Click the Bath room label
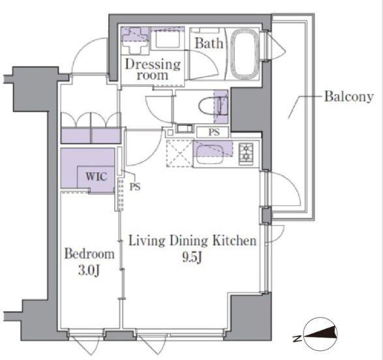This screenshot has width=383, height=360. [x=209, y=44]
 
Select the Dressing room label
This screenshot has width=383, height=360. [x=153, y=70]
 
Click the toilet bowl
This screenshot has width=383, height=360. [x=210, y=106]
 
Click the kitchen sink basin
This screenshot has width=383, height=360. [x=210, y=155]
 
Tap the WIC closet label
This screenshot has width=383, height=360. [x=96, y=176]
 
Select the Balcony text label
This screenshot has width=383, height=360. [x=348, y=97]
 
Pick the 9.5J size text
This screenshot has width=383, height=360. [x=192, y=257]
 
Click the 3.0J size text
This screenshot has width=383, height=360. [x=89, y=271]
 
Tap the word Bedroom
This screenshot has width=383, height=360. [x=89, y=254]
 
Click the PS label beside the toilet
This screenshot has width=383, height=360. [x=214, y=132]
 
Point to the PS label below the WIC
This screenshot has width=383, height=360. [x=135, y=187]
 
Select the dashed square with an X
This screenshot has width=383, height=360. [x=180, y=153]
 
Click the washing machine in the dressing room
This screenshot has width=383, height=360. [x=135, y=40]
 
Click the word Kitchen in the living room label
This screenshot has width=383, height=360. [x=234, y=241]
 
